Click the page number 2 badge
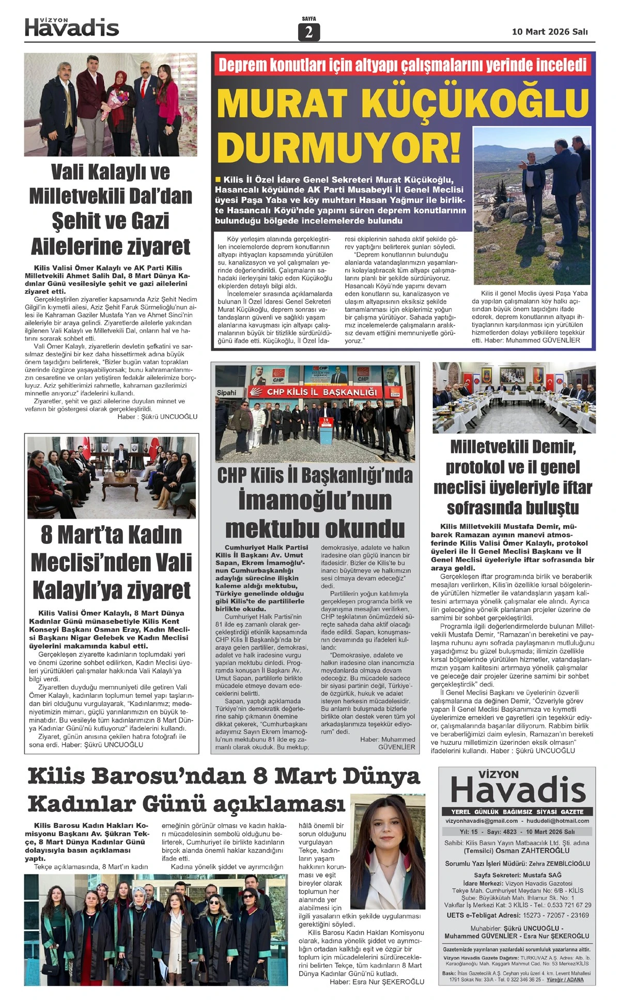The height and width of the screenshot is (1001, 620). pos(309,32)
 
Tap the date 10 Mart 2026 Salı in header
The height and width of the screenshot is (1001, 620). pos(550,32)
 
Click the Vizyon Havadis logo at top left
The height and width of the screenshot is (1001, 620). pos(72,27)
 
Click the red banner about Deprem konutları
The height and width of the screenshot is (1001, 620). pos(402,65)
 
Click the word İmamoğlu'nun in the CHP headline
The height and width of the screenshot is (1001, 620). pos(315,501)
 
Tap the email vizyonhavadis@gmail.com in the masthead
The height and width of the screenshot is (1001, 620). pos(482,821)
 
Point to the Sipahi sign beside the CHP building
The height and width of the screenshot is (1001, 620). pos(226,393)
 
